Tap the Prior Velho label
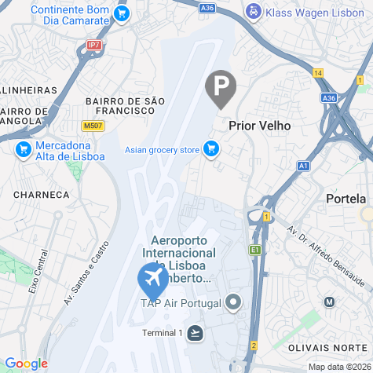[259, 125]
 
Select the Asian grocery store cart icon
[210, 148]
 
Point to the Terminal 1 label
[162, 333]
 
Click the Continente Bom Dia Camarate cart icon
[121, 13]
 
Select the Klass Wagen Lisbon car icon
[253, 12]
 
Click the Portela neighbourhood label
[346, 199]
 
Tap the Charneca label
[41, 194]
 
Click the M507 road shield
[92, 126]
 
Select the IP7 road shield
[94, 46]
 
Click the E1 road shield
[254, 250]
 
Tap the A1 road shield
[303, 166]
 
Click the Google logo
[26, 363]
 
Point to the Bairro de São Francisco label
[126, 105]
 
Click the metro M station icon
[330, 302]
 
